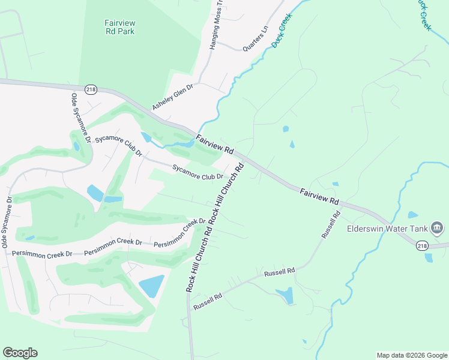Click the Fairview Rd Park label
point(118,27)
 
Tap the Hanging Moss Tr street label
point(215,25)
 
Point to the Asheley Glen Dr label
point(172,97)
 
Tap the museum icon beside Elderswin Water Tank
point(436,228)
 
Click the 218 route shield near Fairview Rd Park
point(90,88)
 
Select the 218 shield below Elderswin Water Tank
point(422,245)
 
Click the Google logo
point(20,353)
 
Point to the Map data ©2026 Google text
point(412,355)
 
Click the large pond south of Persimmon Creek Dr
point(151,286)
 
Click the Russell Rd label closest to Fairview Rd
point(331,224)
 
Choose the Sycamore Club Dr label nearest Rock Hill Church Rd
point(197,172)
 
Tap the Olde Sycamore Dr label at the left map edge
point(7,222)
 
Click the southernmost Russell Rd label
point(208,301)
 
